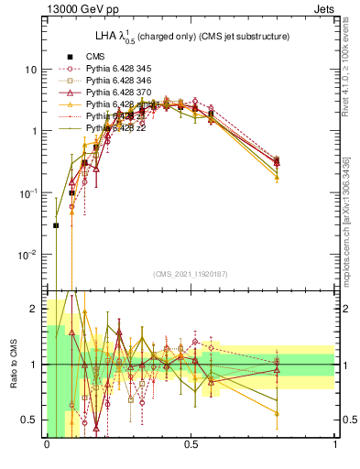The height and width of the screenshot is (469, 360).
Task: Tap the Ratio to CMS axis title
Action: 16,364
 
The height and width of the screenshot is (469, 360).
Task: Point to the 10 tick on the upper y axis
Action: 30,70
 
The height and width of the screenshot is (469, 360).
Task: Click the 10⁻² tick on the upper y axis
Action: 28,254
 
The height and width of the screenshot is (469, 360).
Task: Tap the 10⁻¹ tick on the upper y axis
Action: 28,192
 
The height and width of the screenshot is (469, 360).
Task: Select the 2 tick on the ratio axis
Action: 34,309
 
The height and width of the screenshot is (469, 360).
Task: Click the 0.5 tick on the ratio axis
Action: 29,420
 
